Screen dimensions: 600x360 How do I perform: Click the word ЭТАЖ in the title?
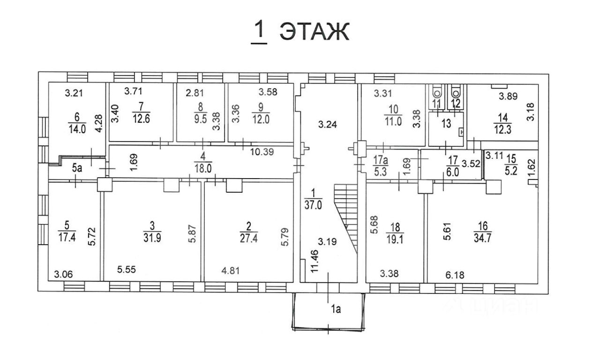coord(315,32)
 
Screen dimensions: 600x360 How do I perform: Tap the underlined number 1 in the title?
coord(259,32)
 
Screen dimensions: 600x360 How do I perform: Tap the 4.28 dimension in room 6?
coord(99,125)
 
